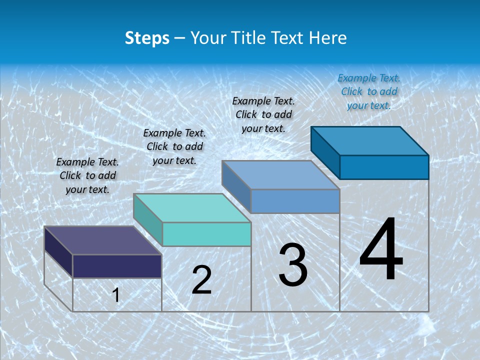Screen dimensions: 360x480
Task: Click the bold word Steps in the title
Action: point(147,38)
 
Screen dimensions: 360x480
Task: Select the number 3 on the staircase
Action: point(293,265)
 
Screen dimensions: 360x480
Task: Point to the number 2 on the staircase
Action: point(202,280)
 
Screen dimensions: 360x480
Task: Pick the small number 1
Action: point(116,295)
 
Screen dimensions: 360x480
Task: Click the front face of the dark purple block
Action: point(117,266)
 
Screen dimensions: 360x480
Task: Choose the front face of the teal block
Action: point(206,234)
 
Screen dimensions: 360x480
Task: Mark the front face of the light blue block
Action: point(295,201)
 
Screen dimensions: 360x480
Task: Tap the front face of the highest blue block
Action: point(384,167)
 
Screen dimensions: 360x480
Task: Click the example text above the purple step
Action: point(87,175)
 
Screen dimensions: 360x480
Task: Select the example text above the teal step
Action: point(174,146)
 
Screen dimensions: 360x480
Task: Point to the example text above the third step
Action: point(263,114)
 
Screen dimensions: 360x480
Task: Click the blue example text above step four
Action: point(369,91)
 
